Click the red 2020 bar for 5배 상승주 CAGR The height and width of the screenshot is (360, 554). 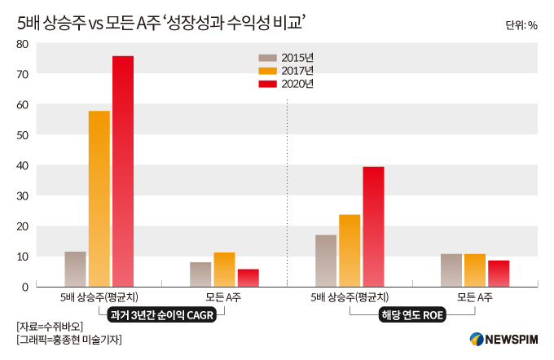[x=123, y=171]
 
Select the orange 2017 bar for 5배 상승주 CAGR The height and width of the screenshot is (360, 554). [x=99, y=199]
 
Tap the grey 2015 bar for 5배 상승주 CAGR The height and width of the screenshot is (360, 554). [x=75, y=269]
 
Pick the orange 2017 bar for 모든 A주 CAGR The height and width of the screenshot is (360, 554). [x=225, y=270]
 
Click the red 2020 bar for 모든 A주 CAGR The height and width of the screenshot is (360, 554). [x=248, y=278]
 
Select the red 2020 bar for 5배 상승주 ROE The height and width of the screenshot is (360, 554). [x=373, y=226]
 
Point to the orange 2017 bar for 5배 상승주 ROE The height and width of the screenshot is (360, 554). [x=350, y=251]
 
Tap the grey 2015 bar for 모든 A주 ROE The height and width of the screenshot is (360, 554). [x=451, y=270]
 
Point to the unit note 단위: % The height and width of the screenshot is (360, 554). [x=521, y=24]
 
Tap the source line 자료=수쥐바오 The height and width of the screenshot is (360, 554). [x=50, y=327]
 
